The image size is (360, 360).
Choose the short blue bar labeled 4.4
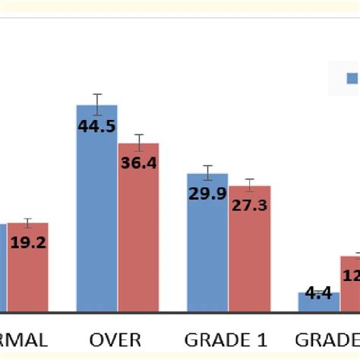coord(318,302)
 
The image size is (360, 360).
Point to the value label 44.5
coord(96,127)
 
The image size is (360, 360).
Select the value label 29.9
coord(207,194)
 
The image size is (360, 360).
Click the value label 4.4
coord(318,294)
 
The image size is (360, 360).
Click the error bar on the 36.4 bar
coord(138,143)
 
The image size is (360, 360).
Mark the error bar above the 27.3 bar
coord(250,185)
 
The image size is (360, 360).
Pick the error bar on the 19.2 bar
coord(28,223)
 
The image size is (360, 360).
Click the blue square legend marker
coord(352,77)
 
